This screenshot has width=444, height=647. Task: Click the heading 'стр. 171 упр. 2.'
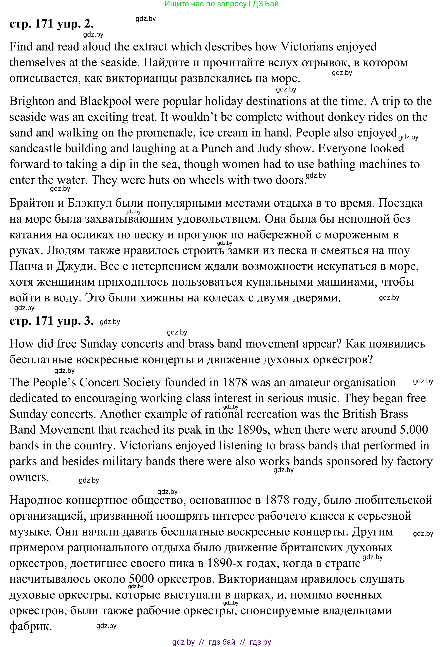coord(51,24)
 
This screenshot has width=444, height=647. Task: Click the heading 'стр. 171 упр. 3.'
coord(51,321)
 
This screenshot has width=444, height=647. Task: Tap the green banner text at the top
coord(221,4)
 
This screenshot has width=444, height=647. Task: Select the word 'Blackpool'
coord(105,101)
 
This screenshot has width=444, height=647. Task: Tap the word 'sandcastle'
coord(35,149)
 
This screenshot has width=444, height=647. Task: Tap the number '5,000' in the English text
coord(414,430)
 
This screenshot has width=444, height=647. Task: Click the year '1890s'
coord(252,430)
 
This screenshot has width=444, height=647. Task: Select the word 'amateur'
coord(309,383)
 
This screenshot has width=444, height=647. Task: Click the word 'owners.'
coord(29,477)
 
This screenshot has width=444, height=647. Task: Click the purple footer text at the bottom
coord(221,642)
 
